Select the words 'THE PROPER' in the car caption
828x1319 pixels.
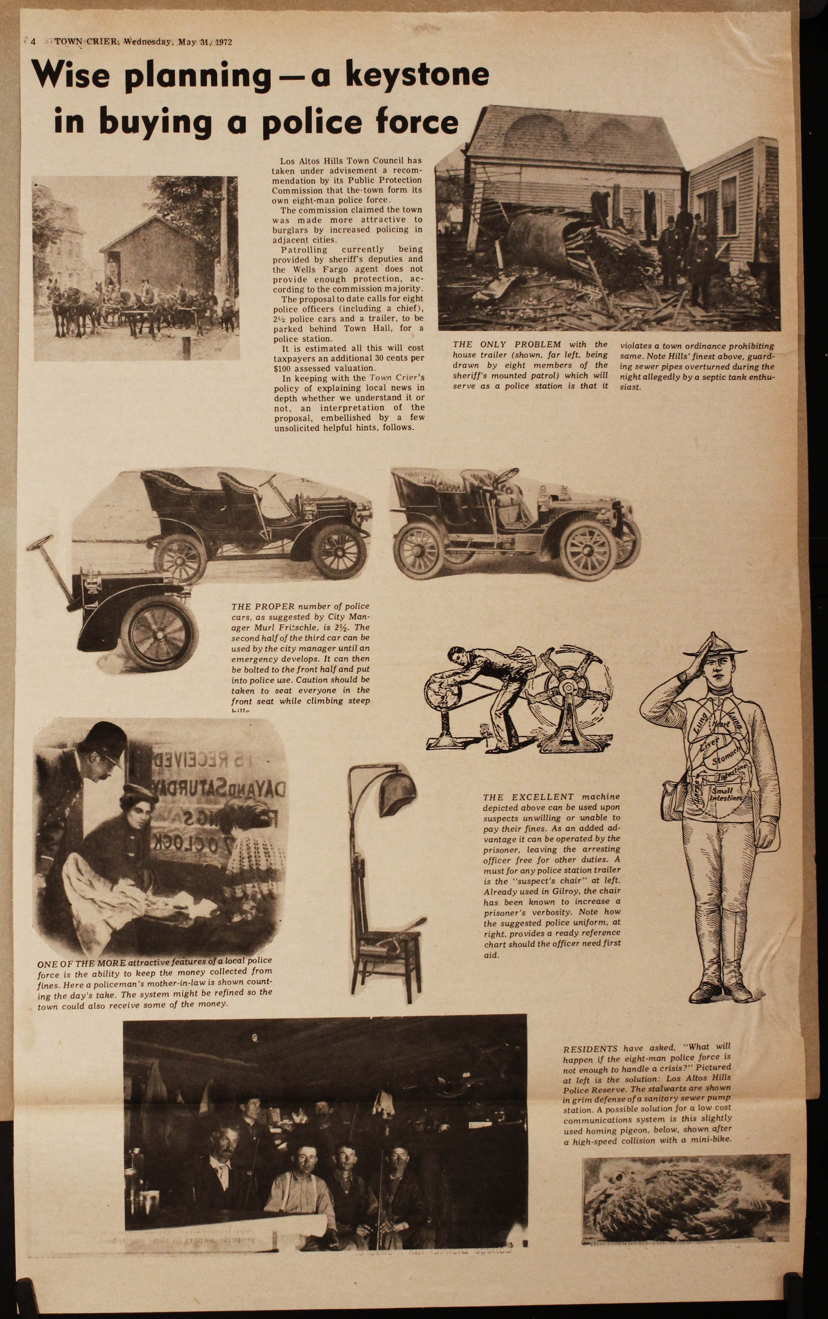coord(263,606)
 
